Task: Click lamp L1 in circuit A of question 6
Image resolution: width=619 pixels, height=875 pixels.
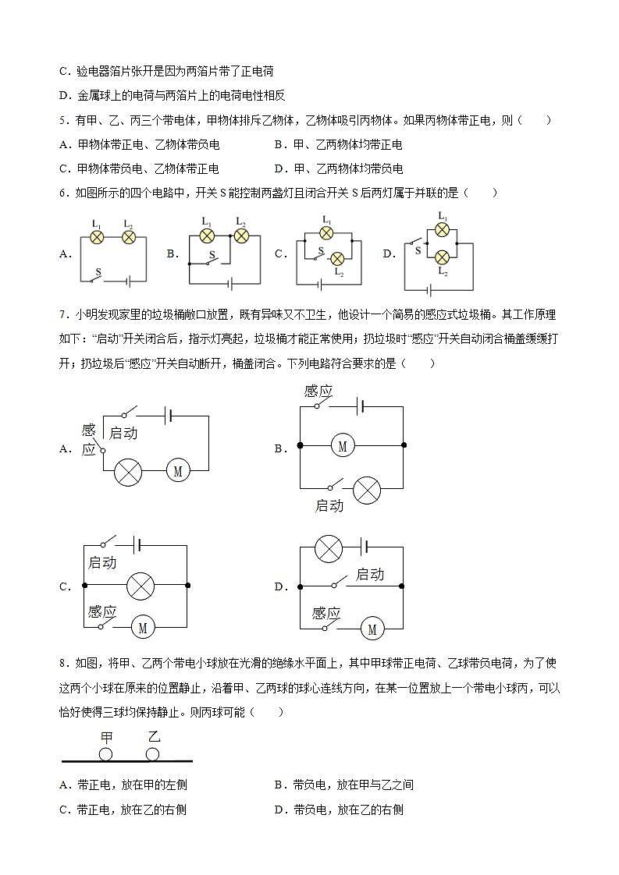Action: tap(97, 236)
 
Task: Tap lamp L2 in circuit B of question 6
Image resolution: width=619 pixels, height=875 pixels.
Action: tap(240, 236)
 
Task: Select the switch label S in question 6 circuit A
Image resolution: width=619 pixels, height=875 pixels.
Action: tap(98, 273)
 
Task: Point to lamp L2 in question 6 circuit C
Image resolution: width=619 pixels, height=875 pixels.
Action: tap(337, 259)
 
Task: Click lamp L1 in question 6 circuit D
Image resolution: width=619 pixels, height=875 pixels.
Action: tap(442, 229)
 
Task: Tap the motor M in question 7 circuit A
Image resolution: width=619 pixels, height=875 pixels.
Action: tap(177, 470)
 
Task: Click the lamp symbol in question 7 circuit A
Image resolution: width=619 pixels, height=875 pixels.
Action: tap(127, 471)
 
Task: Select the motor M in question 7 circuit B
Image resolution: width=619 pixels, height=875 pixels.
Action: tap(342, 445)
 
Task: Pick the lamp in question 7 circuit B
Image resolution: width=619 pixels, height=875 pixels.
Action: tap(366, 491)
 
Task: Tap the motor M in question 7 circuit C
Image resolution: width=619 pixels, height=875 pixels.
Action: tap(143, 627)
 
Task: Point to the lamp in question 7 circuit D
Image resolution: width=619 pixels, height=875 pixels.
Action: tap(328, 548)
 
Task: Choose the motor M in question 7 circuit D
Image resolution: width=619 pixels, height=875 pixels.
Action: tap(372, 628)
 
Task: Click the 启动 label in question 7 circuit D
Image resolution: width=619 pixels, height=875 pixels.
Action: tap(369, 575)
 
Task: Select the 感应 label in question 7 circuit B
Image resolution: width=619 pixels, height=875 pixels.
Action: tap(318, 391)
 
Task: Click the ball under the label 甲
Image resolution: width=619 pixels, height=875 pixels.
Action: tap(105, 754)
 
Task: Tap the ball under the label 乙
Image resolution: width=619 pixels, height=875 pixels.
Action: tap(153, 754)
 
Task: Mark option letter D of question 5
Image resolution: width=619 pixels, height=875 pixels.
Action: tap(279, 168)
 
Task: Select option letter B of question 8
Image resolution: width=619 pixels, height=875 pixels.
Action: tap(279, 785)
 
